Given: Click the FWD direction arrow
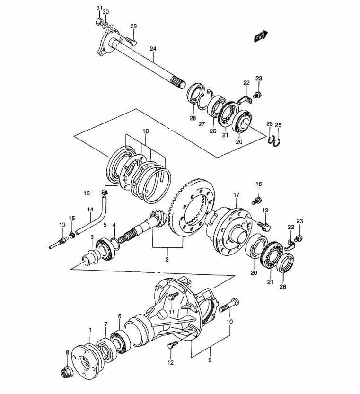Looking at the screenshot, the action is pos(261,36).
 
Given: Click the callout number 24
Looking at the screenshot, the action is pos(153,49).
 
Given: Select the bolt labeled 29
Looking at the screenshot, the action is pos(131,41).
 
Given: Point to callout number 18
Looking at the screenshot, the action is pos(146,131).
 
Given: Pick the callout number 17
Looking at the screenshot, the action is pos(237,195).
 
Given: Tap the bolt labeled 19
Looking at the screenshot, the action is pos(263,226).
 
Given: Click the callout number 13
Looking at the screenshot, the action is pos(62,224).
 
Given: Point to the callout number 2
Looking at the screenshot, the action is pos(167,259).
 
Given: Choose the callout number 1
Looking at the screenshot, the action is pos(90,329).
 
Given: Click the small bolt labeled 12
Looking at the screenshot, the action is pos(173,344).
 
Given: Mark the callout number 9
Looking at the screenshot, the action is pos(210,360).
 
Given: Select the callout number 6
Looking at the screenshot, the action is pos(119,316).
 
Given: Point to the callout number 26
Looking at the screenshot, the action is pos(213,131).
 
